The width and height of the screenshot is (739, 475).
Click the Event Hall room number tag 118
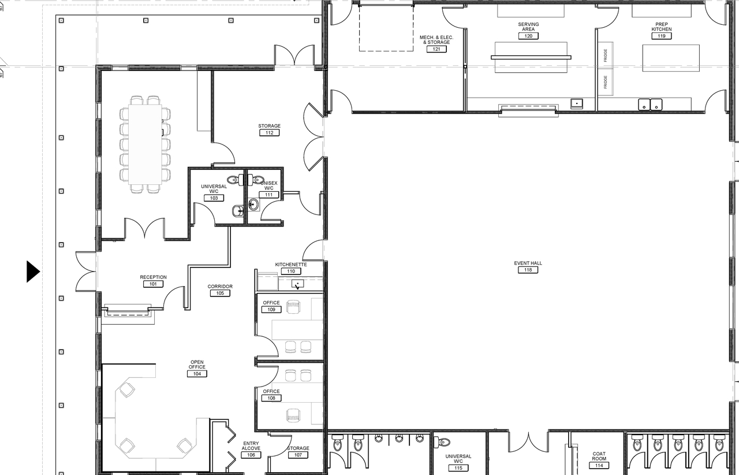pos(528,270)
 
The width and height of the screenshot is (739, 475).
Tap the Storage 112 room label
pos(270,126)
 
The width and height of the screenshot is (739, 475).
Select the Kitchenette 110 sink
pos(298,284)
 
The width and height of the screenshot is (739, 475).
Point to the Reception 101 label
pos(153,277)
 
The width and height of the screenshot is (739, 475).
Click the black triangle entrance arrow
pos(33,272)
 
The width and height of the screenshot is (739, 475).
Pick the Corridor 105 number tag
pos(220,293)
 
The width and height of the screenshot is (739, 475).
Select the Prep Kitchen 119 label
pos(662,27)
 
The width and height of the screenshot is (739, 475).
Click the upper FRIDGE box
pos(605,55)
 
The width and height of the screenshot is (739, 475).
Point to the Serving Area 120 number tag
pos(528,36)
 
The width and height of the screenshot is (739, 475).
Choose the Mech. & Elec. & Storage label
pos(436,40)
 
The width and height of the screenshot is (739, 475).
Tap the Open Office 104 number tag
pos(197,374)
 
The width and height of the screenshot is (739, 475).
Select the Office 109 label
pos(271,303)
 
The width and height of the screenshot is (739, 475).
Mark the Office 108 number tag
pos(271,398)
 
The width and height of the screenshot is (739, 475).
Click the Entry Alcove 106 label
pos(251,446)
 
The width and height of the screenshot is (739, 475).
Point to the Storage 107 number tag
pos(298,455)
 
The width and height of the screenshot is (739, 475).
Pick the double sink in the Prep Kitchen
pos(651,105)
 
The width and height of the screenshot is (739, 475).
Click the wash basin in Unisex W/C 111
pos(253,203)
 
